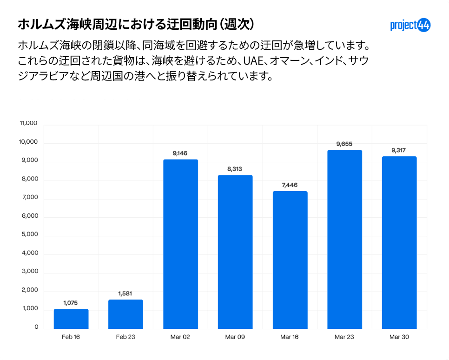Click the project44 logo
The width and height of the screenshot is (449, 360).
(x=410, y=25)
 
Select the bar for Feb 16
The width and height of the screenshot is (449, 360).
(x=71, y=319)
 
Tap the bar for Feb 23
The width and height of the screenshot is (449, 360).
(x=125, y=314)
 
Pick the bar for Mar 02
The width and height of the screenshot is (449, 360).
(x=180, y=244)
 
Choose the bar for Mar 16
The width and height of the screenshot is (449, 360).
(x=290, y=260)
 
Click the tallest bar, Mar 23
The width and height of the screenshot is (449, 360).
(x=344, y=240)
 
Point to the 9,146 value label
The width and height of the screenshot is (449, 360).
(x=180, y=153)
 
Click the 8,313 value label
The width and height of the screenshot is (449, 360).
(x=235, y=169)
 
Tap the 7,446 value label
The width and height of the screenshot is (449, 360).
(x=290, y=185)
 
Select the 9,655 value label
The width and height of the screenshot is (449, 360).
(x=344, y=144)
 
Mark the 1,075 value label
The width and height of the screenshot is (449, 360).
(x=71, y=303)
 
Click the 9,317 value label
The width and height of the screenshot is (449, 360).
(x=399, y=150)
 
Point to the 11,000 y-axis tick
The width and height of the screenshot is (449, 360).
(x=28, y=123)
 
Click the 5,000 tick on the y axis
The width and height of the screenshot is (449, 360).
(x=29, y=234)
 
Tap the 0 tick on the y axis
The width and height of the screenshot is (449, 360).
(x=36, y=327)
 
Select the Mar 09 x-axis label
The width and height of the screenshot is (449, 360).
(x=235, y=337)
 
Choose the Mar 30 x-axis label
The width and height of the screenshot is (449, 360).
(x=399, y=337)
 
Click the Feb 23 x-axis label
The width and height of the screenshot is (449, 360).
(x=125, y=337)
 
